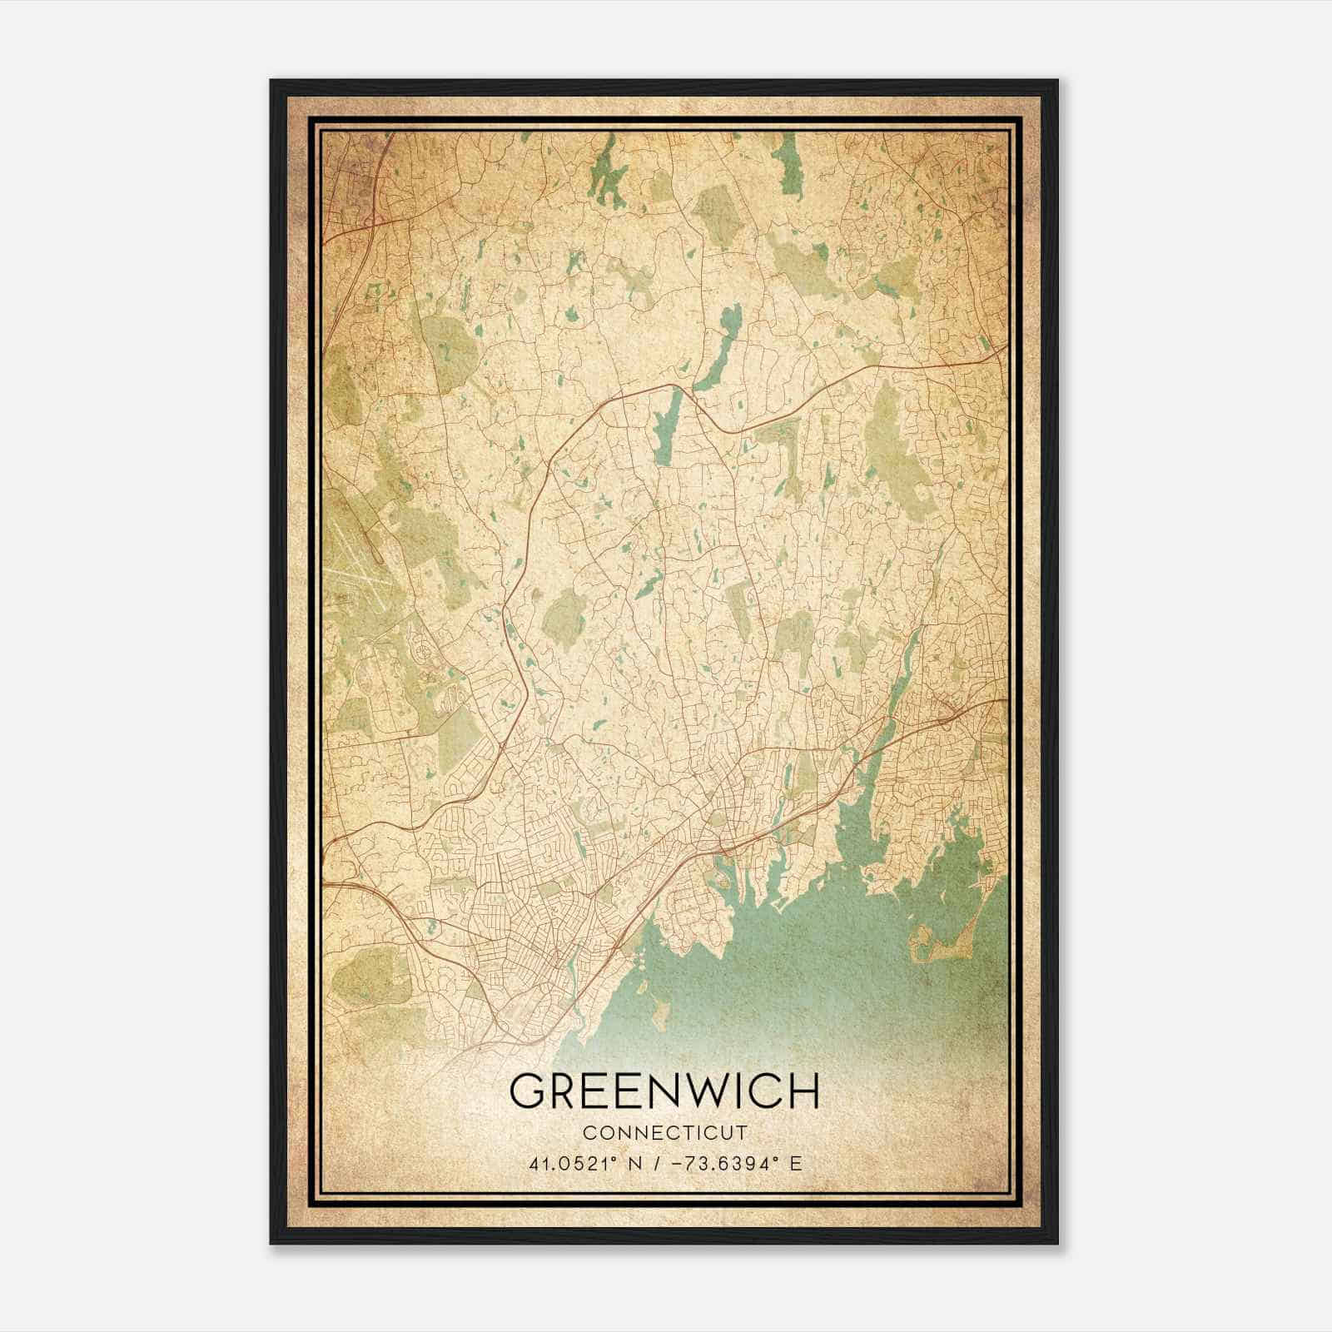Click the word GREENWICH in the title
664,1091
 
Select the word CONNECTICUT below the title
664,1133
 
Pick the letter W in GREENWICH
706,1091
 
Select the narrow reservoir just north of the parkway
718,350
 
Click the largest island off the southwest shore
659,1014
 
